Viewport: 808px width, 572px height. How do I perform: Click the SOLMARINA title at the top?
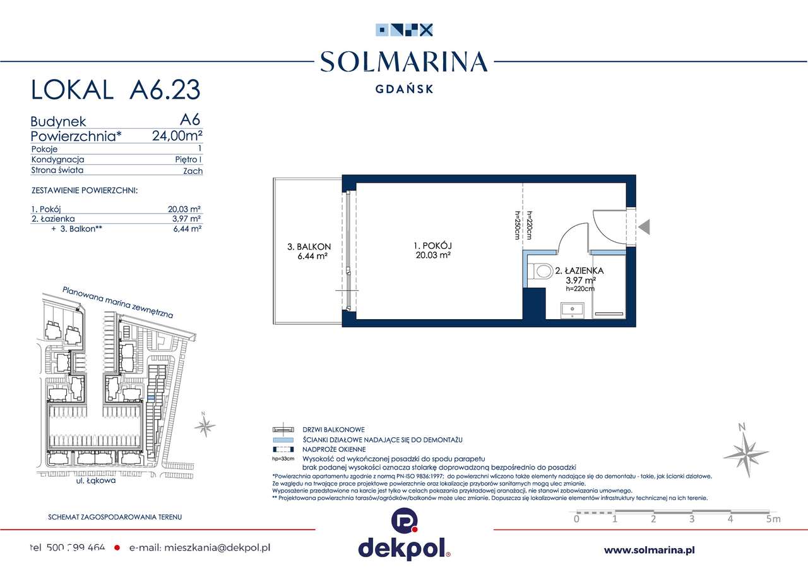pos(403,62)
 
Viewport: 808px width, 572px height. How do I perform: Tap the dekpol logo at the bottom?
pos(403,537)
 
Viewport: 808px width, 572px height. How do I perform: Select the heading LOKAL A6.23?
pos(116,90)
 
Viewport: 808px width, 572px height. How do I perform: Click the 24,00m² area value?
pos(177,135)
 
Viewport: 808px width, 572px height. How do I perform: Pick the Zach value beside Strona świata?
pos(193,171)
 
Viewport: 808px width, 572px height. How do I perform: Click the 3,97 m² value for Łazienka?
pos(188,219)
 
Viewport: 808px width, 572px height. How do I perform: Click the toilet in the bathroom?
pos(539,271)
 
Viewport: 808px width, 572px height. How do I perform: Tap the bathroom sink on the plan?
pos(574,310)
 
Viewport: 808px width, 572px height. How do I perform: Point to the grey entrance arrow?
pos(644,226)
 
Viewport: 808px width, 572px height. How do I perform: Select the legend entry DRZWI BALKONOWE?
pos(333,430)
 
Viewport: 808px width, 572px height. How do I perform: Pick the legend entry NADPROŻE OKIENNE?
pos(334,449)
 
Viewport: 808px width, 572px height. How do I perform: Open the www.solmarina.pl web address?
pos(650,550)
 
